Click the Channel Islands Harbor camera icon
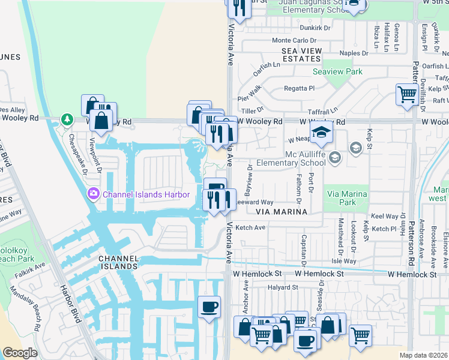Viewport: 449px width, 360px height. [x=93, y=194]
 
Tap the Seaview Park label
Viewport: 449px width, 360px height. [x=337, y=71]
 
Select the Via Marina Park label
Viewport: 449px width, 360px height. [x=348, y=198]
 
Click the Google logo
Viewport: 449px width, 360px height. [x=20, y=353]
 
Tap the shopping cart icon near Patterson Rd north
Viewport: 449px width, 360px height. [x=407, y=94]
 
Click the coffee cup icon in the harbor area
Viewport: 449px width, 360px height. [x=209, y=307]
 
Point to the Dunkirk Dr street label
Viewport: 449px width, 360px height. [x=315, y=28]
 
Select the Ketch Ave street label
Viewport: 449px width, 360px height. [x=250, y=228]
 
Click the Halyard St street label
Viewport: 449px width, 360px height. [x=283, y=287]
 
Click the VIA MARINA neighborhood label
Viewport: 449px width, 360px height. [x=282, y=212]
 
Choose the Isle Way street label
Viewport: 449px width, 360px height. [x=344, y=261]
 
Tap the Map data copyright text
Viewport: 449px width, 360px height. [x=423, y=355]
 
